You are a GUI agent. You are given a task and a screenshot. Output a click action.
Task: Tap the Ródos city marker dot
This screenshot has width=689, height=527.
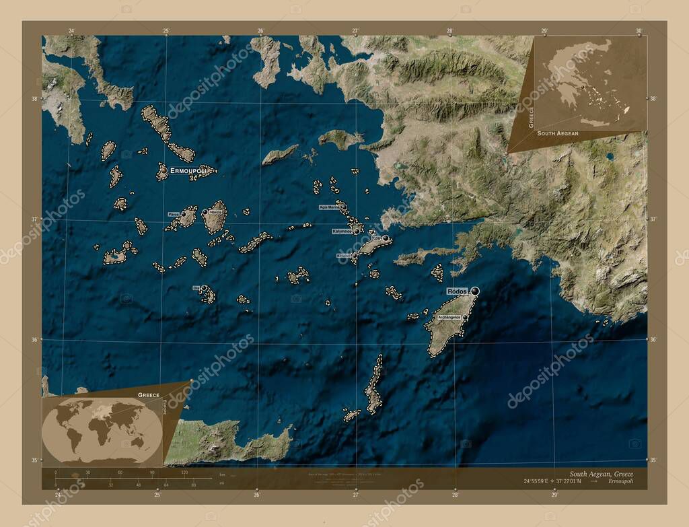click(x=476, y=290)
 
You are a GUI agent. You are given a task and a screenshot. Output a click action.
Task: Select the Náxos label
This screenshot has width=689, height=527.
click(x=215, y=212)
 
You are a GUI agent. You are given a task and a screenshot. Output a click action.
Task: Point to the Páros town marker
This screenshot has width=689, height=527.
click(x=183, y=214)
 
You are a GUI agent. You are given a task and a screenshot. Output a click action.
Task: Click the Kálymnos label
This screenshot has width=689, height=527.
click(x=342, y=231)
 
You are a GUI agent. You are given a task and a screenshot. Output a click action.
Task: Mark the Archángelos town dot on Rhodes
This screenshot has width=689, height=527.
click(x=465, y=316)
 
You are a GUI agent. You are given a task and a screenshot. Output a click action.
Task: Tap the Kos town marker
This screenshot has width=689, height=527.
click(x=386, y=238)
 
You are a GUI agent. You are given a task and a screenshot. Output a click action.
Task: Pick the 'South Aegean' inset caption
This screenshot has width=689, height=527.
click(x=557, y=134)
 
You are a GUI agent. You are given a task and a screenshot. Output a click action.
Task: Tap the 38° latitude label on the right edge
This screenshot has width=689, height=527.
click(x=652, y=98)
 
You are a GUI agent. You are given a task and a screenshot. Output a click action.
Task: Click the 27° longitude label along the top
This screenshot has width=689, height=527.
click(x=355, y=30)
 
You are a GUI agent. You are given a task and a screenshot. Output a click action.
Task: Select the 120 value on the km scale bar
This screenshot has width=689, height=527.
click(x=184, y=472)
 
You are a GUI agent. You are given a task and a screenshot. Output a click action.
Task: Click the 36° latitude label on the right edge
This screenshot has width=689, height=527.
click(x=652, y=339)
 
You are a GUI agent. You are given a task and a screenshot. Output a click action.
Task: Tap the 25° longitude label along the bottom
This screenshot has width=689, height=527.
click(x=157, y=495)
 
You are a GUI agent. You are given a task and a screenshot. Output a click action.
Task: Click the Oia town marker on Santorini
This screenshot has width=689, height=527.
click(x=203, y=288)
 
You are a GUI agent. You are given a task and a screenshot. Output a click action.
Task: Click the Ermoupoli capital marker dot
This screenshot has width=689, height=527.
click(x=164, y=170)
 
